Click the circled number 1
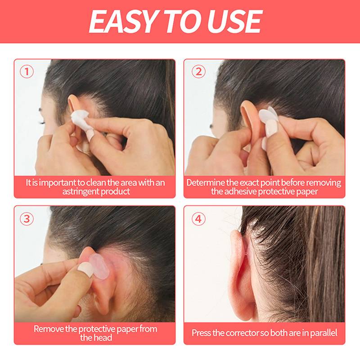coord(27,72)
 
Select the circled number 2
coord(198,72)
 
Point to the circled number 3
coord(27,219)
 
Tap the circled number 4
coord(198,219)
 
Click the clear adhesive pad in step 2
coord(268,114)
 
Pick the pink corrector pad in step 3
coord(99,266)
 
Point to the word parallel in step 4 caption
coord(324,333)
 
